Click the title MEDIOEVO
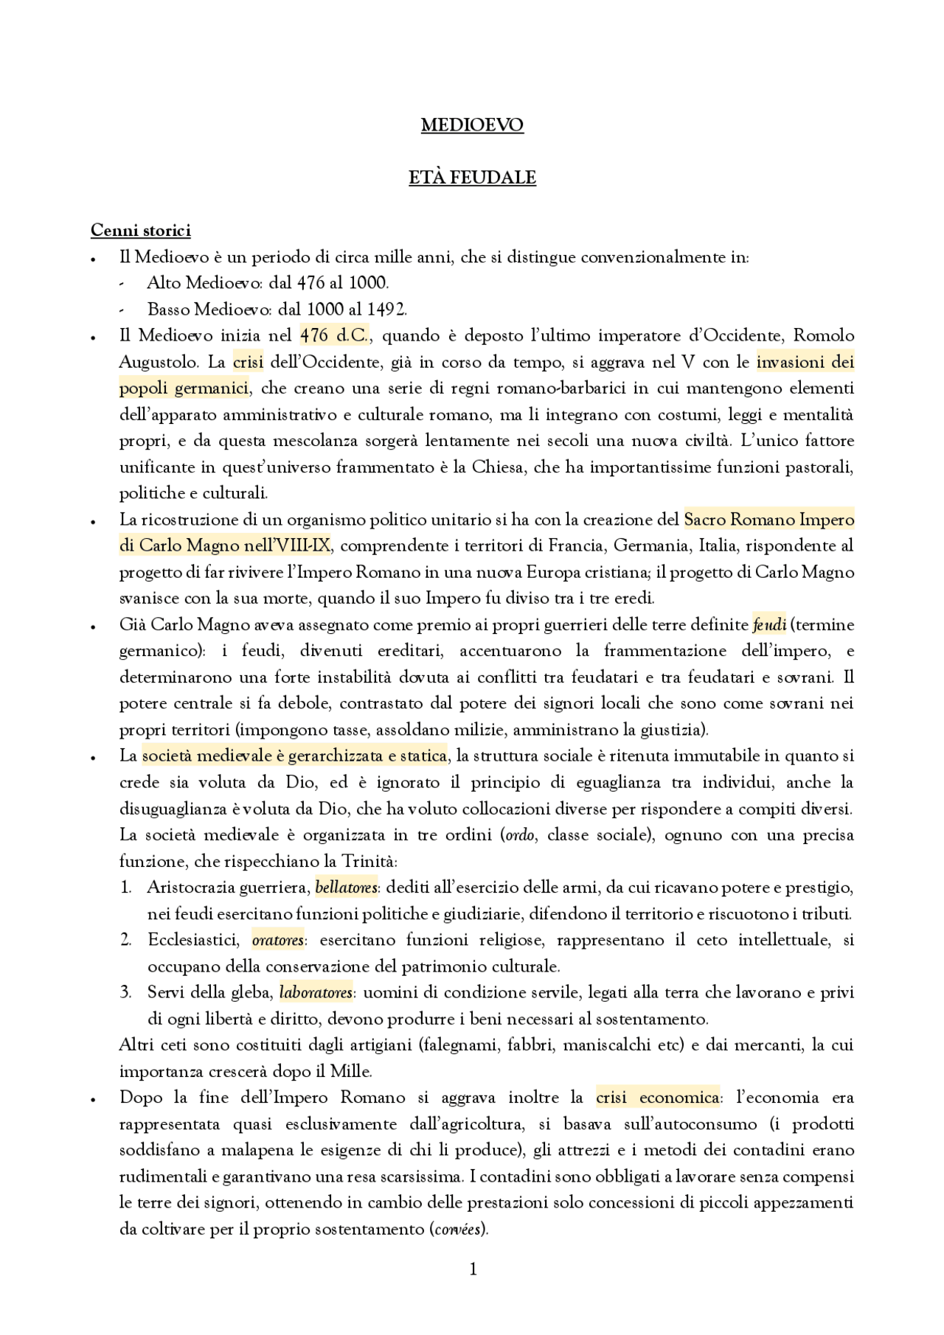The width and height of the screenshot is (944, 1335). tap(472, 125)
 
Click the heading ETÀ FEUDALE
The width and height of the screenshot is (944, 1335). tap(472, 178)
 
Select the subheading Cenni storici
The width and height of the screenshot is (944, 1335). tap(140, 231)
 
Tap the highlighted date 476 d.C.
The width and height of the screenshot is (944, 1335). tap(333, 336)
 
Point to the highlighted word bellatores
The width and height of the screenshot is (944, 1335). tap(346, 888)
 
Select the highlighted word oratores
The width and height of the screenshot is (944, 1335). tap(277, 941)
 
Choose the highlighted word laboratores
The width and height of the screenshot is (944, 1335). tap(316, 993)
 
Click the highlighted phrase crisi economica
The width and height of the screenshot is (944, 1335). tap(657, 1098)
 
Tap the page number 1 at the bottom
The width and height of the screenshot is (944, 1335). tap(473, 1269)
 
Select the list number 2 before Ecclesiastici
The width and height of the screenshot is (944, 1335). tap(126, 941)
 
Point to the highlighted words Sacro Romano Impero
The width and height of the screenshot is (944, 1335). tap(768, 520)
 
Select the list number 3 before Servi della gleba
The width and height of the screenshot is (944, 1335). tap(126, 993)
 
